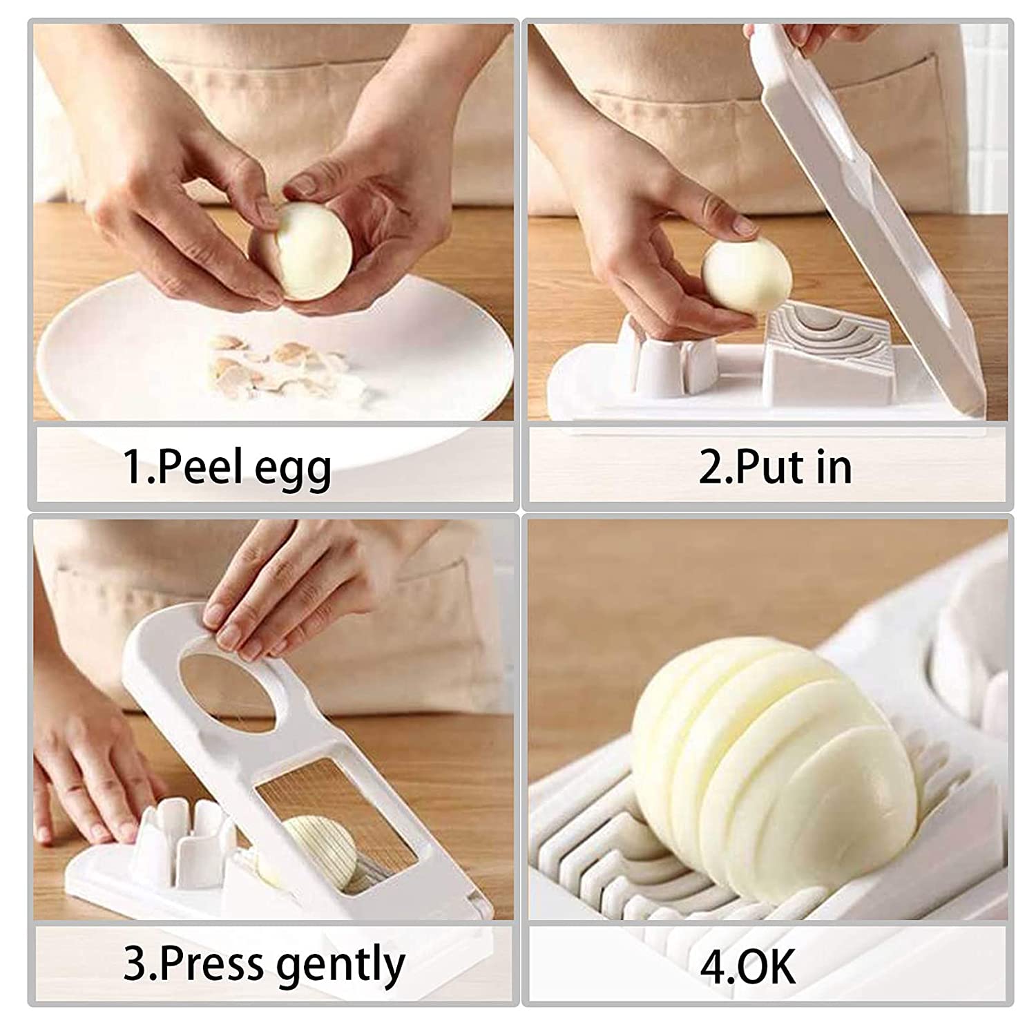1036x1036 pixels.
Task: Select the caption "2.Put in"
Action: tap(775, 468)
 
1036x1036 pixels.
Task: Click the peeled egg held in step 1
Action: tap(309, 250)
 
